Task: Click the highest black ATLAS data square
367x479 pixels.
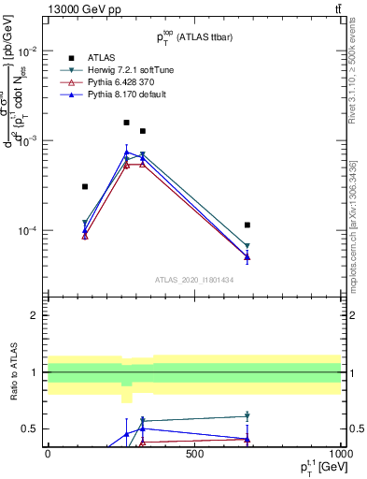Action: [127, 123]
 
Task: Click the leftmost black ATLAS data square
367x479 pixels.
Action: [85, 187]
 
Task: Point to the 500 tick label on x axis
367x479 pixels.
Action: [194, 453]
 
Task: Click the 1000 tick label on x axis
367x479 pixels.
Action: [340, 453]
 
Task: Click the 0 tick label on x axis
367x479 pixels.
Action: [48, 453]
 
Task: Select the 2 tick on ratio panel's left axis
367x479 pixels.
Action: [34, 315]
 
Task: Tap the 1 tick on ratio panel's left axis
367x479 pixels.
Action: [34, 372]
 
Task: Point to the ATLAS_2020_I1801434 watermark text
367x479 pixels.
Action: [194, 280]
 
